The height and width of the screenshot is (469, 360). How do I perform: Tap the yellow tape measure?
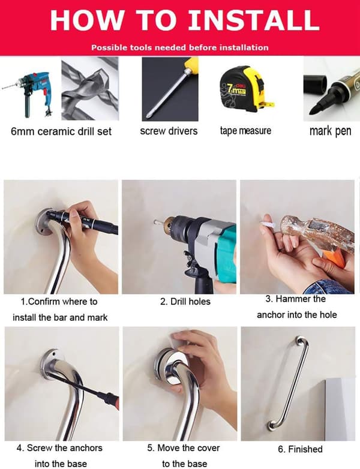pyautogui.click(x=247, y=89)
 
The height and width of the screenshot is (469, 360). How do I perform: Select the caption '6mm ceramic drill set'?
pyautogui.click(x=61, y=131)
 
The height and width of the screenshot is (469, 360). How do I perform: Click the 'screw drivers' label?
pyautogui.click(x=169, y=131)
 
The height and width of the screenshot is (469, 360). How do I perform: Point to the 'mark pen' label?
pyautogui.click(x=331, y=131)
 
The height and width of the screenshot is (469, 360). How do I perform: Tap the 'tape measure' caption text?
pyautogui.click(x=245, y=131)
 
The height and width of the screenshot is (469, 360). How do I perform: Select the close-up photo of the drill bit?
pyautogui.click(x=90, y=89)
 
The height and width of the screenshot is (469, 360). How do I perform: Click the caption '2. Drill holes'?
pyautogui.click(x=185, y=302)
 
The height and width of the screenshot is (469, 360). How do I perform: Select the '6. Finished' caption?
pyautogui.click(x=300, y=449)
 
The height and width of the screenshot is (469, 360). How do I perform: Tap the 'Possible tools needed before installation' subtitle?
pyautogui.click(x=180, y=47)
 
